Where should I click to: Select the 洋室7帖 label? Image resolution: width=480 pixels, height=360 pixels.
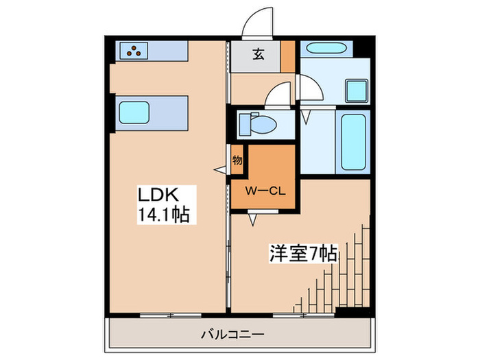click(x=302, y=254)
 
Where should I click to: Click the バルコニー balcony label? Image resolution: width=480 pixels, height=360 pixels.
click(x=230, y=336)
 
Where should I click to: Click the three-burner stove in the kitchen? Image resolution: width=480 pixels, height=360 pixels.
click(x=133, y=49)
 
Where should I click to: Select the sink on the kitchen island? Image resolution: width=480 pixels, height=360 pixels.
click(x=134, y=110)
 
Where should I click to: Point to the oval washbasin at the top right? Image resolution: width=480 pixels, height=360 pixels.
click(x=326, y=50)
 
